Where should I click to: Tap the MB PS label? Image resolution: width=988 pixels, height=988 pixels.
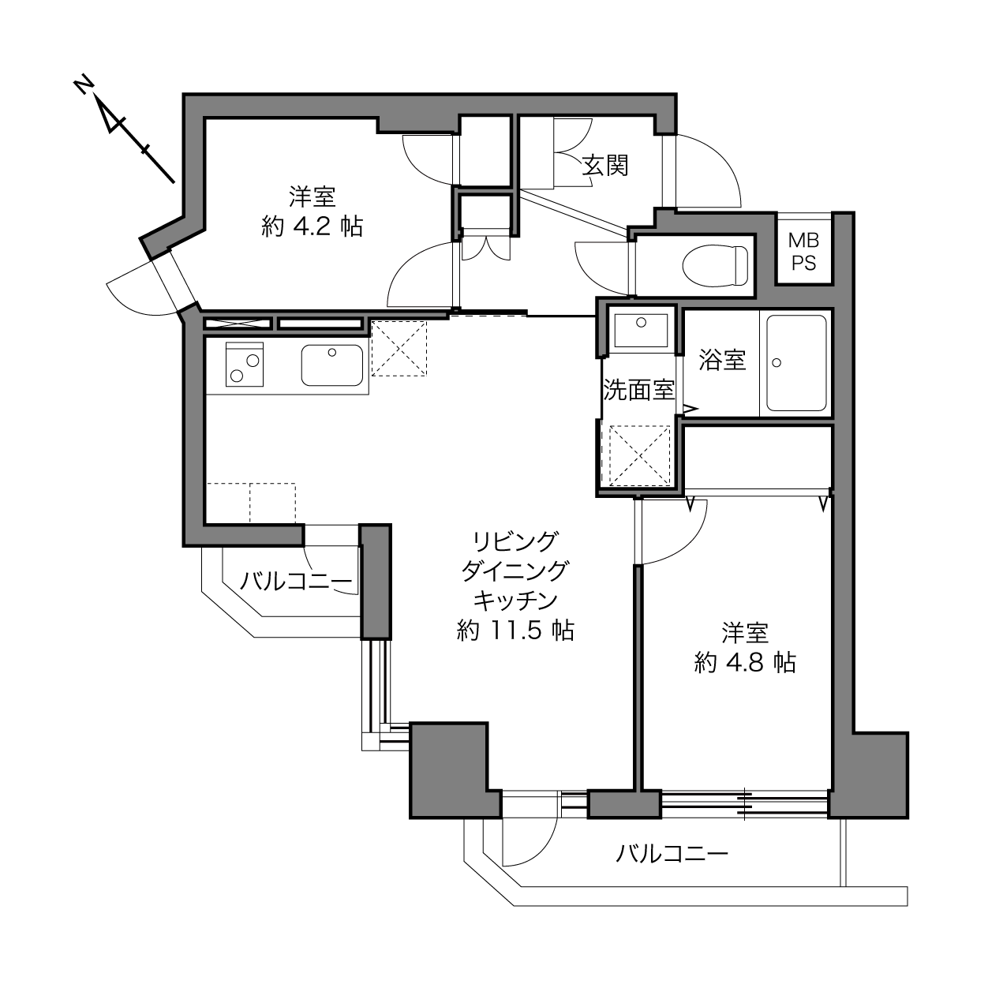(803, 251)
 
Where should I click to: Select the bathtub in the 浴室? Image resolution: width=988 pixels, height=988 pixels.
(796, 362)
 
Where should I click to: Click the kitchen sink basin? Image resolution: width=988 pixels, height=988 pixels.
(331, 365)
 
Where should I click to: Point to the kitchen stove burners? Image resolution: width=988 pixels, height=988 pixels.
(245, 364)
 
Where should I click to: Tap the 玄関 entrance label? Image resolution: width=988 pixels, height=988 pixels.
(605, 166)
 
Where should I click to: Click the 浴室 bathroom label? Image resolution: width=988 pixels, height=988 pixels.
(722, 360)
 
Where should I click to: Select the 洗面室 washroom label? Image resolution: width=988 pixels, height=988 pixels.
(638, 390)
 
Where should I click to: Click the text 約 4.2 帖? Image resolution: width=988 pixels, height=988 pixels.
(312, 226)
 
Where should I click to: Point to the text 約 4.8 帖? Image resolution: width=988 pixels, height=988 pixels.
(745, 662)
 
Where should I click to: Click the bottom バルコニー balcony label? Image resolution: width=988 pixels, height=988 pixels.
(672, 853)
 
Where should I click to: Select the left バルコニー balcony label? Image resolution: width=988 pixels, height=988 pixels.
(297, 582)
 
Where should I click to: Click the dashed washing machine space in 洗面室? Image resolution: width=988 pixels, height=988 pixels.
(639, 455)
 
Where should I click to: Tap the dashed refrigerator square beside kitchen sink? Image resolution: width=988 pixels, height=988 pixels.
(399, 349)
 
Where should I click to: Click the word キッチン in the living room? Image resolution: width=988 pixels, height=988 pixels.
(515, 601)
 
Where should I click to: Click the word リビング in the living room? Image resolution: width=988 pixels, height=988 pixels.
(515, 541)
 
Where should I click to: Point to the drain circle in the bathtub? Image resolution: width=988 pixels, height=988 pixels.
(777, 363)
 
